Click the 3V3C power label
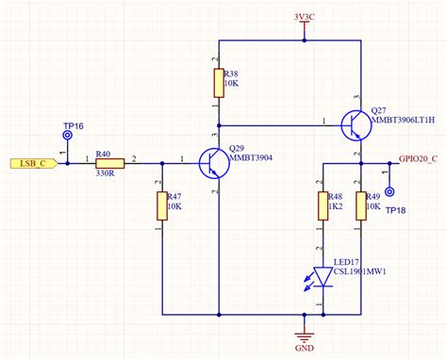304,16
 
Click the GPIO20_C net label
418,157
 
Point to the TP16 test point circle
68,136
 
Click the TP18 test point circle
390,191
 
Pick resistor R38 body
219,82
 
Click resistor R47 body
161,205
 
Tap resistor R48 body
323,205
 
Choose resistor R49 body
360,205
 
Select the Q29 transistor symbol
210,163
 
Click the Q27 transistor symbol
354,124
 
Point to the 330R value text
104,172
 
